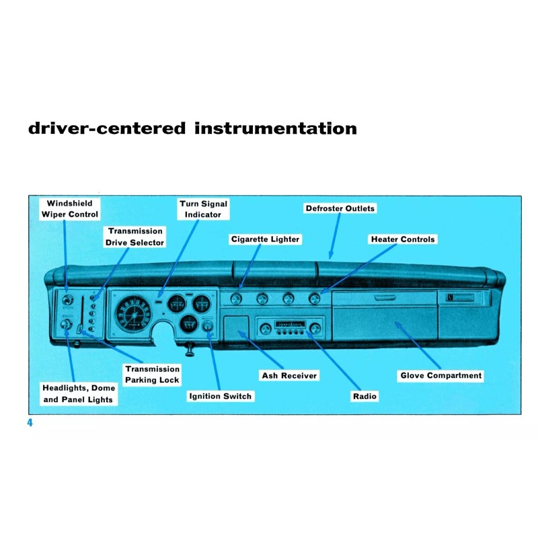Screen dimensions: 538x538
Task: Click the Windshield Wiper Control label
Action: click(69, 209)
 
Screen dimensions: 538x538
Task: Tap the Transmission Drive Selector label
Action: click(134, 237)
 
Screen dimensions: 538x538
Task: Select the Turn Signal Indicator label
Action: click(203, 209)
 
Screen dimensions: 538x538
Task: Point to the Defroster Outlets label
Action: click(340, 208)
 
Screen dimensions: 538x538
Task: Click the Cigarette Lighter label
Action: click(265, 239)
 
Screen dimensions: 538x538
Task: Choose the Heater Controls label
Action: click(403, 239)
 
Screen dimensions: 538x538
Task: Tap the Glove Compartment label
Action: click(441, 376)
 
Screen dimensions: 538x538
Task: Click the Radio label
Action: click(364, 396)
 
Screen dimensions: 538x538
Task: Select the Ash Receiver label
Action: click(289, 375)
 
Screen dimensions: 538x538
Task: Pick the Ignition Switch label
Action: click(220, 396)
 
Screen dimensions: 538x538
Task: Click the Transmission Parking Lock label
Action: click(152, 375)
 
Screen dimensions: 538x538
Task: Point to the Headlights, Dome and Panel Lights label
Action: click(79, 394)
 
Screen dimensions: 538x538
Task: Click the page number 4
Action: click(30, 423)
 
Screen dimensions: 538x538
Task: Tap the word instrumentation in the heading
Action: click(275, 128)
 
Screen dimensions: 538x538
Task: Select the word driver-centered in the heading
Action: click(106, 128)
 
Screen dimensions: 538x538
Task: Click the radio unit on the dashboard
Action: click(290, 328)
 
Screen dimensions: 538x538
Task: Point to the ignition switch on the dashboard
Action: click(208, 329)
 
